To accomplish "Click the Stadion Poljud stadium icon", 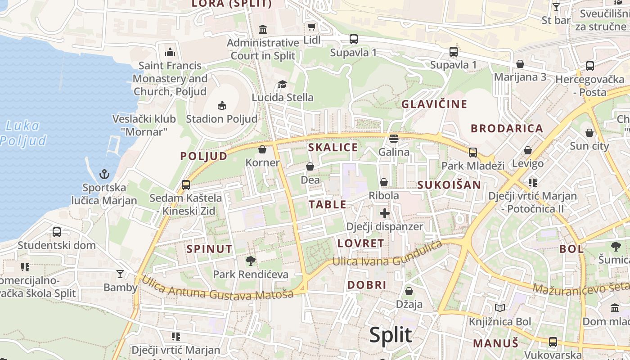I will click(221, 106).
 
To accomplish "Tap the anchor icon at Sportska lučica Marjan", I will click(104, 174).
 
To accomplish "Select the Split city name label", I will click(390, 335).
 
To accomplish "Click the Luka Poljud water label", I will click(23, 133).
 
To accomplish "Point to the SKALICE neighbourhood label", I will click(333, 147).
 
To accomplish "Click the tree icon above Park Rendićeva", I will click(251, 261).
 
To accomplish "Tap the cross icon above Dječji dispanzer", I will click(384, 213).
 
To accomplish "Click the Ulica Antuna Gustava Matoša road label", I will click(218, 288).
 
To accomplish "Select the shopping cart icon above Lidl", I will click(311, 27).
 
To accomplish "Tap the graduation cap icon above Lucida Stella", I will click(282, 84).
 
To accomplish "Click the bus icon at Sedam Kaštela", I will click(185, 184).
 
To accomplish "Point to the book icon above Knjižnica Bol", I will click(500, 308).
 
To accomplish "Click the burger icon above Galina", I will click(394, 138).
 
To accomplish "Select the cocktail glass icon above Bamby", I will click(120, 274).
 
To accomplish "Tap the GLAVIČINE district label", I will click(434, 104).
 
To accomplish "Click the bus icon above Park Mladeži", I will click(472, 152).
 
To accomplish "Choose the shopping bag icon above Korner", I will click(262, 149).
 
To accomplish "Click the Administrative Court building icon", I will click(263, 30).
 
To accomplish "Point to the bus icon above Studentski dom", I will click(56, 232).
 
